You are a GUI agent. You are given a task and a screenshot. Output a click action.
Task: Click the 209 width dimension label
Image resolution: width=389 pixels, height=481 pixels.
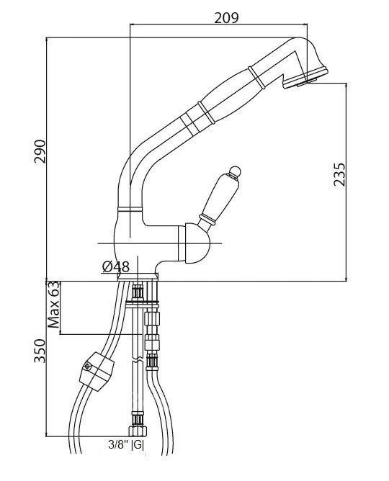226,17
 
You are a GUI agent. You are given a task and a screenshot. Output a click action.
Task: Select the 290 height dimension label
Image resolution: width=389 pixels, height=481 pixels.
40,151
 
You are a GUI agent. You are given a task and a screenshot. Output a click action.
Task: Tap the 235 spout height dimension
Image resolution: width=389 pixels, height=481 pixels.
339,174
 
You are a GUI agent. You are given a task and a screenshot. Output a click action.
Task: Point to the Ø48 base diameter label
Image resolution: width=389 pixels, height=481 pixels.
116,266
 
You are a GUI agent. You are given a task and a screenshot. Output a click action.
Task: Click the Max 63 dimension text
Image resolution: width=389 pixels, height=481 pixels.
53,304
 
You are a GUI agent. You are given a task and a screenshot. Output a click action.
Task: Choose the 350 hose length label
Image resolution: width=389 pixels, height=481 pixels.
40,351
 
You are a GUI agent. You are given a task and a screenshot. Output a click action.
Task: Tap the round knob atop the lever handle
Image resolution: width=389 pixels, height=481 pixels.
235,171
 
